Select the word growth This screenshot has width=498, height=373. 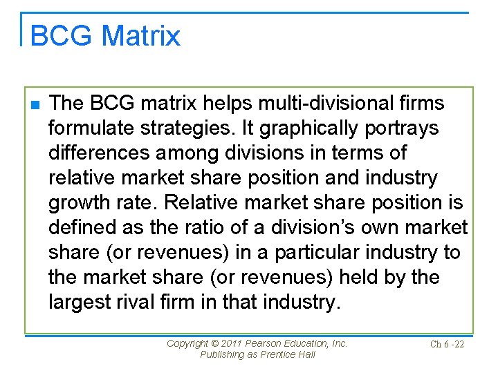pyautogui.click(x=78, y=203)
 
